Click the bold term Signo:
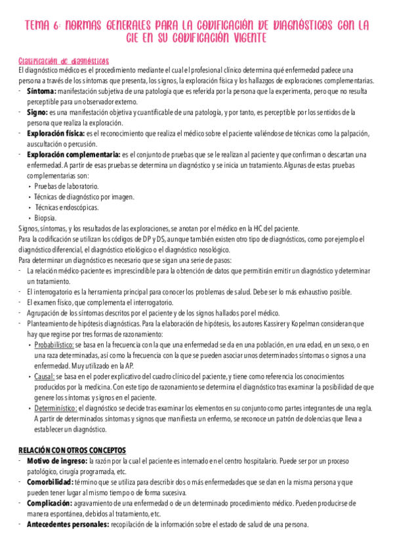(x=37, y=113)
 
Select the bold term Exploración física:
(x=56, y=133)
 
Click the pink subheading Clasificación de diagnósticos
(x=63, y=60)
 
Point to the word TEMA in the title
(x=38, y=25)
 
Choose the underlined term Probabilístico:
(x=54, y=344)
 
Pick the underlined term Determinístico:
(x=56, y=408)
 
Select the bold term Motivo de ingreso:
(x=57, y=462)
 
